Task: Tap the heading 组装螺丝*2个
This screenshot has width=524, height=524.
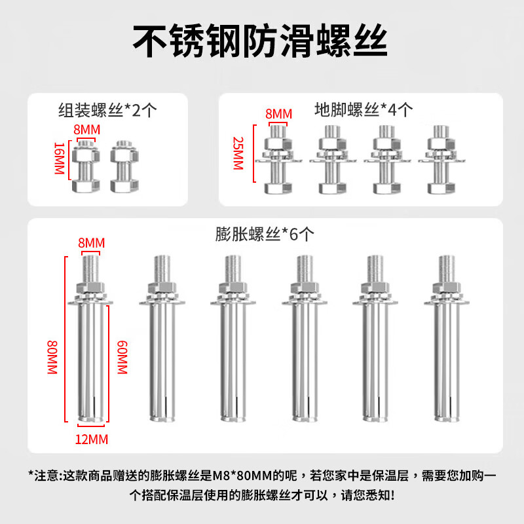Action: point(107,110)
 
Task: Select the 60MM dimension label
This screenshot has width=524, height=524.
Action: point(121,357)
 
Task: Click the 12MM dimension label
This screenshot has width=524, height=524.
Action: point(92,438)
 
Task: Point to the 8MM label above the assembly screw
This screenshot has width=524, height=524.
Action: point(87,130)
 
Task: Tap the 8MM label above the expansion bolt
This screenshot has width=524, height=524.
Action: point(92,244)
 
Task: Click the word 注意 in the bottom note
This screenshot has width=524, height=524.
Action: point(45,474)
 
